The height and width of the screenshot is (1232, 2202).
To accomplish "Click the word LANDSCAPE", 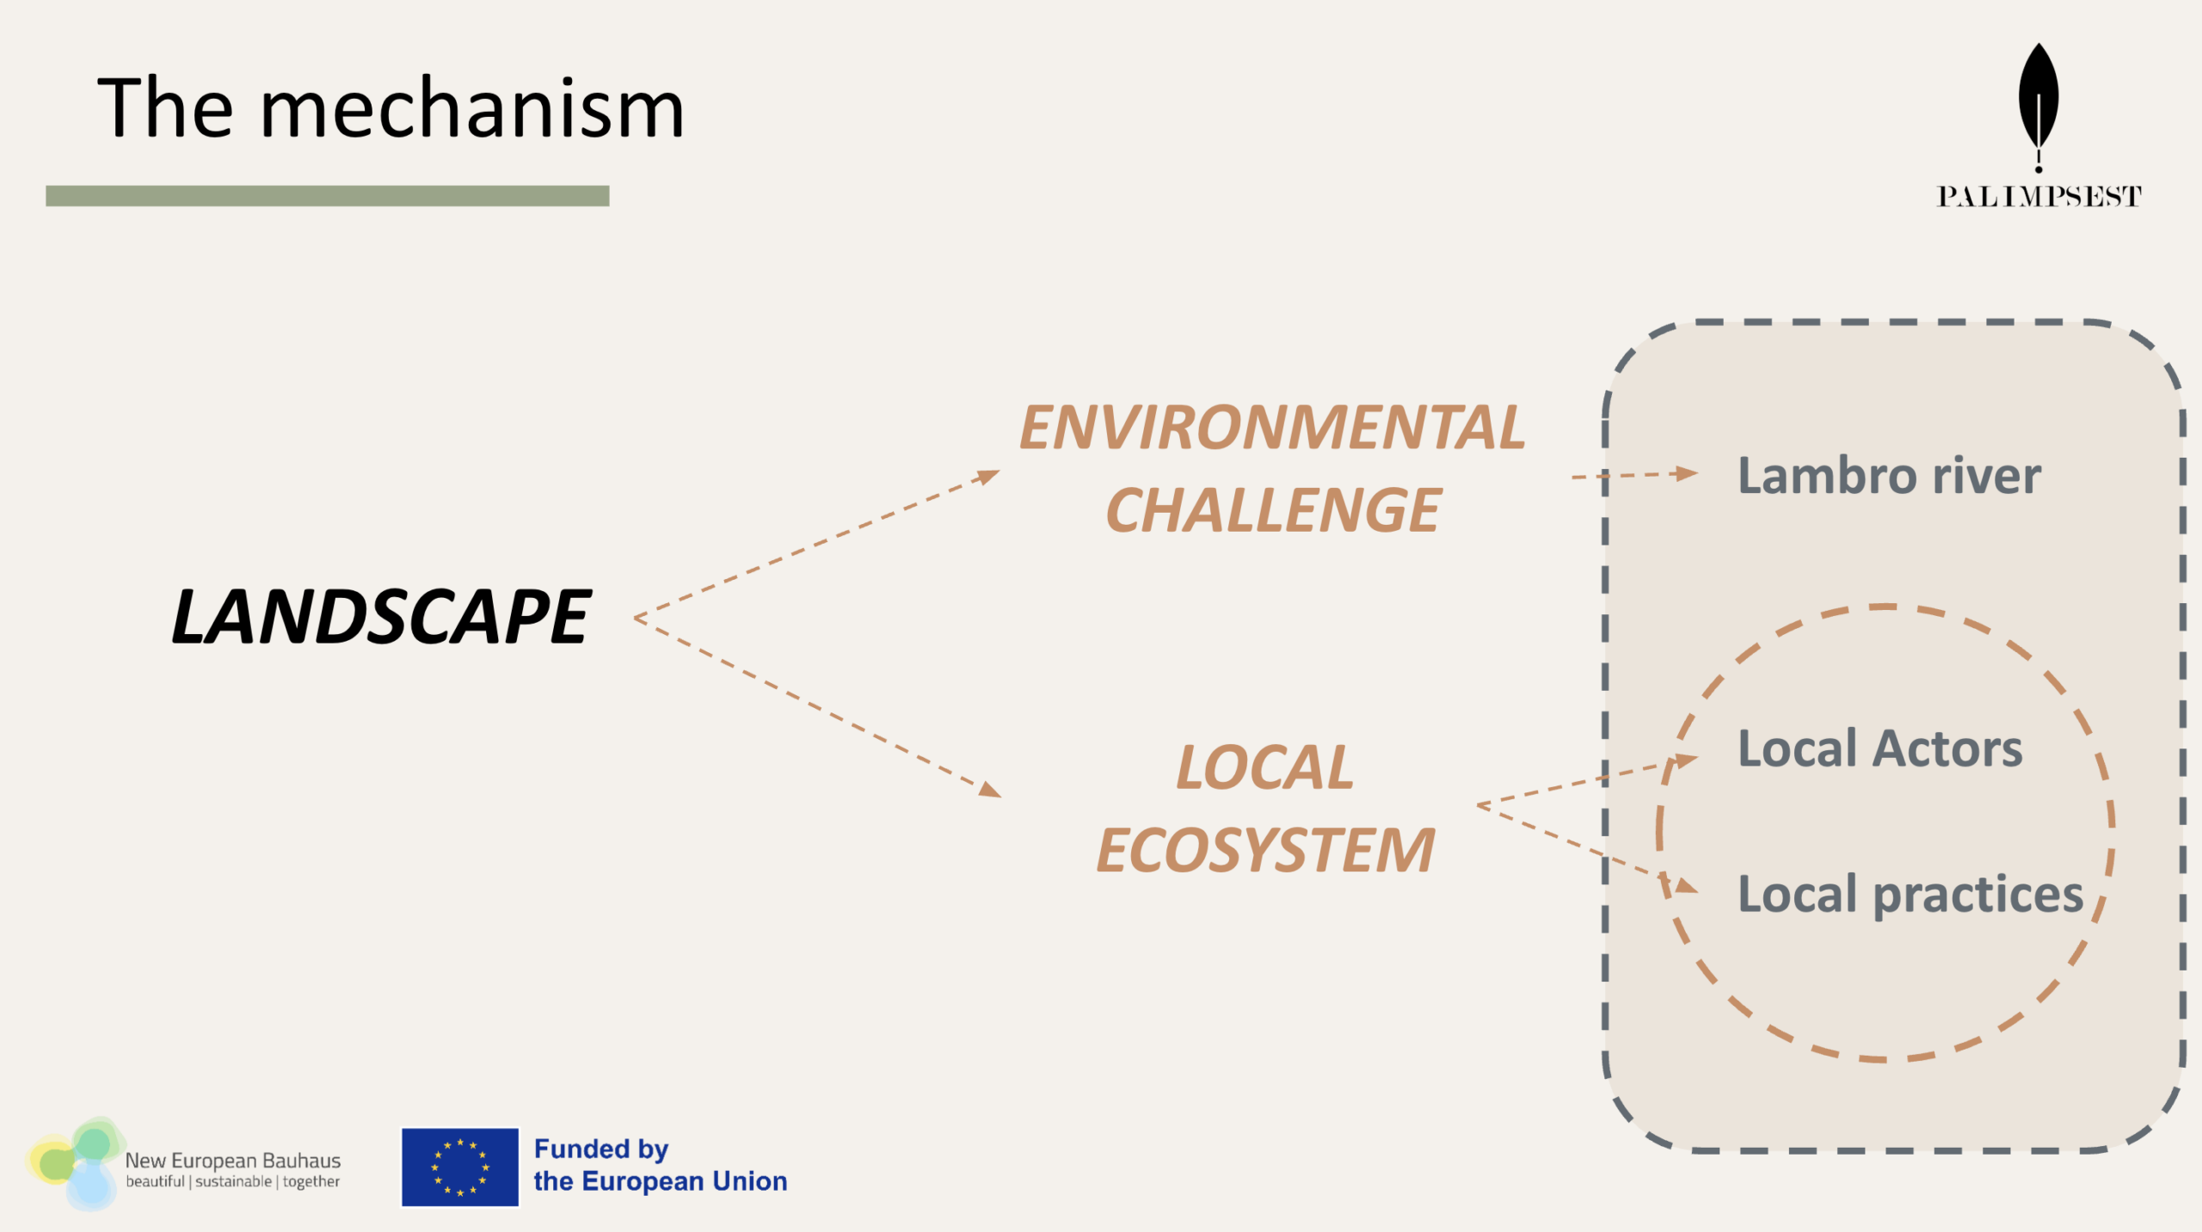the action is click(381, 616).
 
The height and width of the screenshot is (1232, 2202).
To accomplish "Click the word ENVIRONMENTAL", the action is click(1272, 428).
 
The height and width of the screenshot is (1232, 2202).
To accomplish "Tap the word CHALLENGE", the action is click(1273, 510).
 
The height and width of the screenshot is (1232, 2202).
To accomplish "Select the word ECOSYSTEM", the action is click(1265, 850).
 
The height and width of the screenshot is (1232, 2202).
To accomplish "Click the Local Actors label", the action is click(1880, 748).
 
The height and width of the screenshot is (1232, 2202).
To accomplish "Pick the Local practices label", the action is click(1910, 895).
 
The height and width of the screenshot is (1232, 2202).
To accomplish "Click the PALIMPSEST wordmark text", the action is click(2039, 197).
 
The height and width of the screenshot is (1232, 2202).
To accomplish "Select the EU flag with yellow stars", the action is click(460, 1167).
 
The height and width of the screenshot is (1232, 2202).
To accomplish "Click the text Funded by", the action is click(601, 1149).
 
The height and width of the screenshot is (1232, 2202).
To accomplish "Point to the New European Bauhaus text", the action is click(233, 1161).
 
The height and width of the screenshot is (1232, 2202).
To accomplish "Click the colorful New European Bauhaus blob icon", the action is click(75, 1163).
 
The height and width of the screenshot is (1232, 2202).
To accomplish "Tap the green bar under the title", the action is click(328, 196).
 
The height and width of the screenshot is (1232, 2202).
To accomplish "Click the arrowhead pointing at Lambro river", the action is click(1687, 472).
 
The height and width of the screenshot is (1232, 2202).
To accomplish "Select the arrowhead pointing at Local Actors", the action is click(1688, 760).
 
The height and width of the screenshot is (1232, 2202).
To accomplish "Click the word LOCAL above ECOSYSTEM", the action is click(1264, 767).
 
